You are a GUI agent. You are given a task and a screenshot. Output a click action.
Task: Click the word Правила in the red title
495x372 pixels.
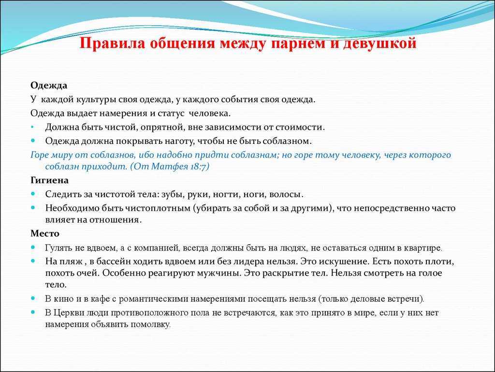point(112,43)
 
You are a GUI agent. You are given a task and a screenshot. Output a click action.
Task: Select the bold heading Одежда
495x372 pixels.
point(49,86)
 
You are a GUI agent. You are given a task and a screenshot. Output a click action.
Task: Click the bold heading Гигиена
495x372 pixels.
point(50,180)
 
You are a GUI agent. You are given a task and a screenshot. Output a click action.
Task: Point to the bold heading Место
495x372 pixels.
point(45,234)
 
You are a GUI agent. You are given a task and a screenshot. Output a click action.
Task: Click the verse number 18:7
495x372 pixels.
point(199,167)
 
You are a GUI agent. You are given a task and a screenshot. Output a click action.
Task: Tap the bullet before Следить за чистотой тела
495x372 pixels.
point(33,194)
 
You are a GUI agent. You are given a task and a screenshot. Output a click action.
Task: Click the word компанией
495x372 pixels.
point(155,248)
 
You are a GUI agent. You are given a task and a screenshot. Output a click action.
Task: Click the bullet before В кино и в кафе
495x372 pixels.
point(33,298)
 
